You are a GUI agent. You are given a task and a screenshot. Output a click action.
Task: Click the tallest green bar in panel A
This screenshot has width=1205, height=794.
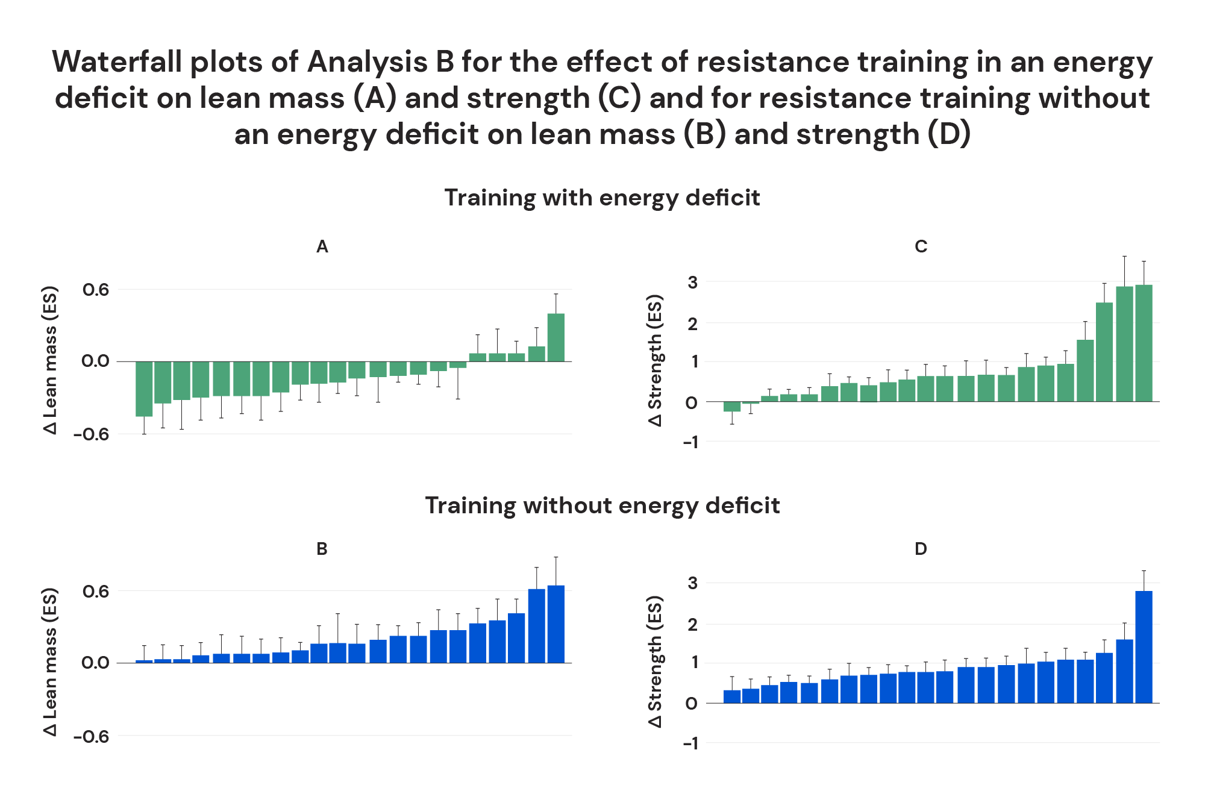(x=556, y=337)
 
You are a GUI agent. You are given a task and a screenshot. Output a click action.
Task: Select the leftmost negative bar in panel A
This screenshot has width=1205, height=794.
(x=144, y=389)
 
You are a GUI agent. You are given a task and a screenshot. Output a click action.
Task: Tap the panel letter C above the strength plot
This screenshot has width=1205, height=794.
(x=921, y=246)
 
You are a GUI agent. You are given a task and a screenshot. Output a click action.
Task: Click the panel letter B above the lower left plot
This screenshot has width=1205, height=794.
(x=322, y=549)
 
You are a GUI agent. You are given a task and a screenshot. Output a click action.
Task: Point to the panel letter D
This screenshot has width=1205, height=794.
(x=921, y=549)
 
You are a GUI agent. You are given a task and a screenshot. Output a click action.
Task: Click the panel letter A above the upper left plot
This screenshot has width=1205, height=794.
(x=322, y=246)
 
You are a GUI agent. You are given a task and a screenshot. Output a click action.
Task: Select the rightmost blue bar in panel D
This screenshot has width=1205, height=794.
(x=1144, y=647)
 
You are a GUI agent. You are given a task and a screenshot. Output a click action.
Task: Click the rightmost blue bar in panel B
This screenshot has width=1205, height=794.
(x=556, y=624)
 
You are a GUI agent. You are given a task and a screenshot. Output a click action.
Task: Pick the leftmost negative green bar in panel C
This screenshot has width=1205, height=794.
(x=731, y=407)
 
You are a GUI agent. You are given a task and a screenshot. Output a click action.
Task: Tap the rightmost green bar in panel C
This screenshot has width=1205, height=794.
(x=1144, y=343)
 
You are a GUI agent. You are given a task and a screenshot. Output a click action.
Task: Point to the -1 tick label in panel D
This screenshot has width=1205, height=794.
(x=690, y=743)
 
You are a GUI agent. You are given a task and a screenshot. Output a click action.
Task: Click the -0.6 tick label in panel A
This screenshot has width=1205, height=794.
(x=92, y=434)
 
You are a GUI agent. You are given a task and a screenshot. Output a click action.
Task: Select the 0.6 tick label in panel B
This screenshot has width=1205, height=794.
(x=96, y=592)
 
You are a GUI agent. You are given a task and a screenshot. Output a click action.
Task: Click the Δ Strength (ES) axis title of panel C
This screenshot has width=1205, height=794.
(x=655, y=360)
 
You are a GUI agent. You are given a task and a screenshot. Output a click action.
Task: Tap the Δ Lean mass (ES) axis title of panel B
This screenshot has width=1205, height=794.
(x=51, y=661)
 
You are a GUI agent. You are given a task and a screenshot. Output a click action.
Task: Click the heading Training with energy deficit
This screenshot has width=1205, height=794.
(x=602, y=198)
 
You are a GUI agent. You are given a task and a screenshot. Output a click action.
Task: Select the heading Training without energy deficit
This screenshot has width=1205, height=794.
(x=602, y=505)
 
